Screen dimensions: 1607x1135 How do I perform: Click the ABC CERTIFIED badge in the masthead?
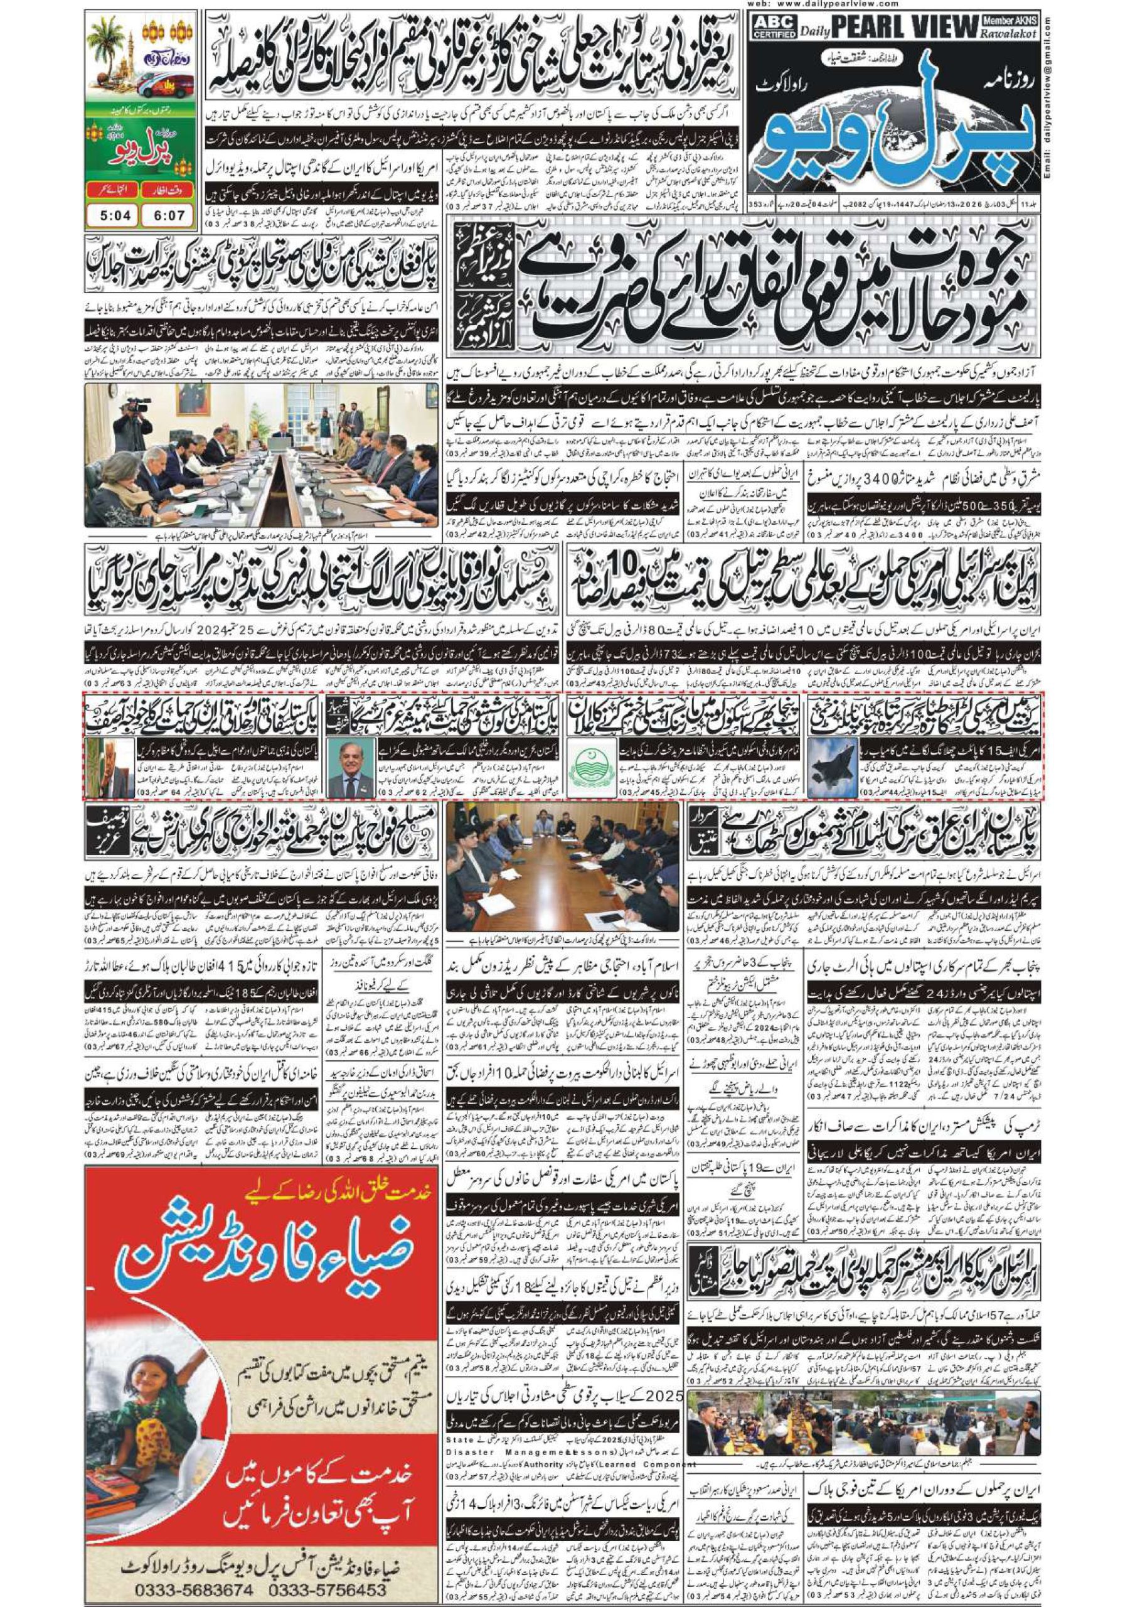point(770,29)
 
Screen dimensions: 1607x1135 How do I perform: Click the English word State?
point(460,1380)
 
